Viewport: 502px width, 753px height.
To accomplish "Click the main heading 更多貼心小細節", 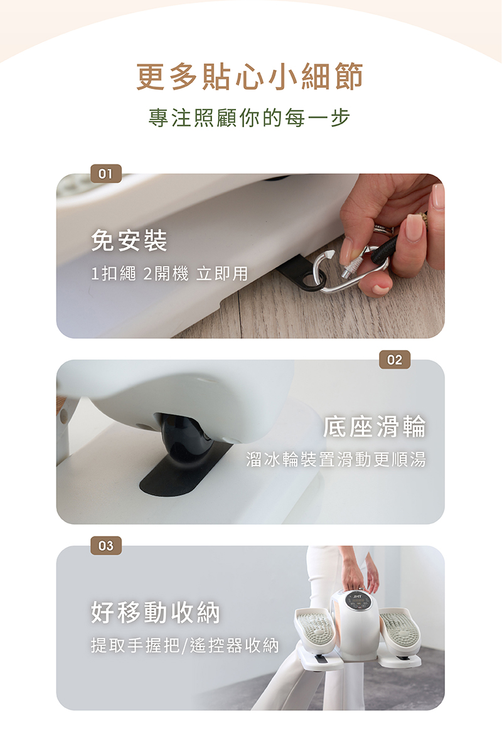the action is [250, 77].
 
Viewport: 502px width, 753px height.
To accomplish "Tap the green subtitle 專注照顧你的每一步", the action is [250, 118].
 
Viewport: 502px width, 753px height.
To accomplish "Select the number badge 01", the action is [106, 174].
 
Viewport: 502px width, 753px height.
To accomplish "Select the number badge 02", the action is [395, 360].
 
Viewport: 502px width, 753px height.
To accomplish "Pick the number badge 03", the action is [106, 545].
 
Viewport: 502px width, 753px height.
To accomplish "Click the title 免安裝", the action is [129, 240].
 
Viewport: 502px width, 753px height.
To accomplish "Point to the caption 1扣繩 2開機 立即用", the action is [170, 274].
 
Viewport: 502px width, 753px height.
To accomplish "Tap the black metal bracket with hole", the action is [301, 274].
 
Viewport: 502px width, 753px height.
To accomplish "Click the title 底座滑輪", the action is [375, 426].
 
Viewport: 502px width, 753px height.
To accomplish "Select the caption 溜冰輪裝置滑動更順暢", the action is [336, 459].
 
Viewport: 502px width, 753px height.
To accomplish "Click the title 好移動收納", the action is [156, 612].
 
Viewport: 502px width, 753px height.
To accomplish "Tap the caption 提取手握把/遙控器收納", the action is [185, 646].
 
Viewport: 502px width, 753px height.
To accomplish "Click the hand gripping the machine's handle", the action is [354, 575].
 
